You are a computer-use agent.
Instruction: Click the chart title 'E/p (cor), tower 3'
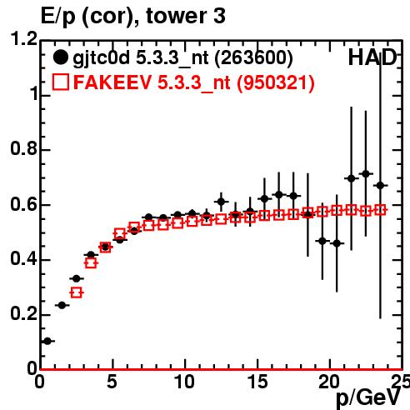pyautogui.click(x=132, y=17)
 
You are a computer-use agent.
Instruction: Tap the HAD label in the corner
pyautogui.click(x=372, y=57)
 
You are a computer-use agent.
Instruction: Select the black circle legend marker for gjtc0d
pyautogui.click(x=60, y=57)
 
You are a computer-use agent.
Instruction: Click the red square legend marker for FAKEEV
pyautogui.click(x=61, y=82)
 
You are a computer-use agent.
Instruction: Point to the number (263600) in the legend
pyautogui.click(x=253, y=58)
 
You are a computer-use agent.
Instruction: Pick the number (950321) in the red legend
pyautogui.click(x=275, y=82)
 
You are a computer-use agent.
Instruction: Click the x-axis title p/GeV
pyautogui.click(x=368, y=398)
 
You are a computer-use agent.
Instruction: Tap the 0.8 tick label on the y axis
pyautogui.click(x=23, y=148)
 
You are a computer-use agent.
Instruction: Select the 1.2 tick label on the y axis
pyautogui.click(x=23, y=38)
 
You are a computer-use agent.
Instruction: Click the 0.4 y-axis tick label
pyautogui.click(x=23, y=258)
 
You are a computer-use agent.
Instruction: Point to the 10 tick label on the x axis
pyautogui.click(x=184, y=382)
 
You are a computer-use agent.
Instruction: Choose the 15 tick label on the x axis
pyautogui.click(x=257, y=382)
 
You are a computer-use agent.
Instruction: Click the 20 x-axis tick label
pyautogui.click(x=329, y=382)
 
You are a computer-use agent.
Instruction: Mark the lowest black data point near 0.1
pyautogui.click(x=47, y=341)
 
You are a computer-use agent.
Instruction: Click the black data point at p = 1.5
pyautogui.click(x=62, y=305)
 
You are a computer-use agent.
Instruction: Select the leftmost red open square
pyautogui.click(x=77, y=292)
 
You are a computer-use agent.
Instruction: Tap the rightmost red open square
pyautogui.click(x=380, y=210)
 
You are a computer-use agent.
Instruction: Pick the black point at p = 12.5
pyautogui.click(x=221, y=202)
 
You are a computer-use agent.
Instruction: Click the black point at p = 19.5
pyautogui.click(x=322, y=241)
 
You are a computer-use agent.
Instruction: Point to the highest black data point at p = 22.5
pyautogui.click(x=366, y=174)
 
